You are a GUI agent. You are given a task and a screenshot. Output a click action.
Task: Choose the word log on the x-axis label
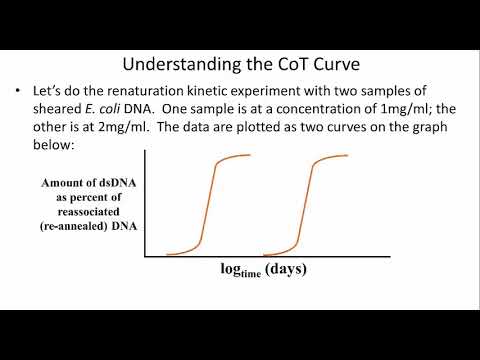[x=230, y=269]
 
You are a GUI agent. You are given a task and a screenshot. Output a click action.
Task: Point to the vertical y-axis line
[x=147, y=204]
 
